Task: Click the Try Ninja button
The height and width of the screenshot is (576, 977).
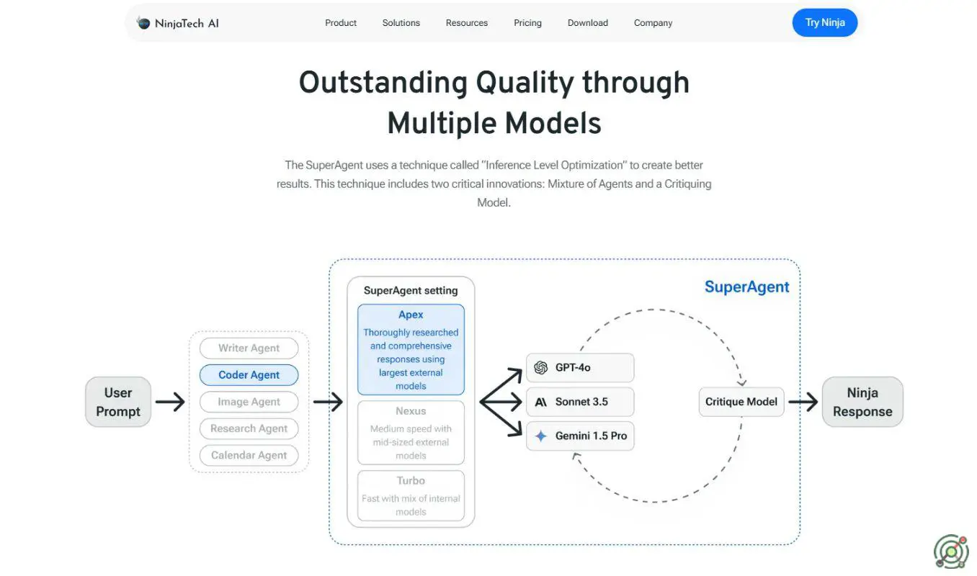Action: click(824, 22)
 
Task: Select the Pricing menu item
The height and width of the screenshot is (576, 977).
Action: click(527, 23)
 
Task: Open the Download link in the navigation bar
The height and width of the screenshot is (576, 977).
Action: click(587, 23)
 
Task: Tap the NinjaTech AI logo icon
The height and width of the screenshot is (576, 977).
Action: click(143, 23)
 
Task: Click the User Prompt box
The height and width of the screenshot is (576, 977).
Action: click(118, 402)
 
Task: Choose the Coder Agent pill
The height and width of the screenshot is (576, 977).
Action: click(249, 375)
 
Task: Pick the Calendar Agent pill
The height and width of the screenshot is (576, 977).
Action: click(249, 455)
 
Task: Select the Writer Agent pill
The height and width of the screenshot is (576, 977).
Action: click(249, 348)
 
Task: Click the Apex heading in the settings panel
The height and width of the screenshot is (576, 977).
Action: click(411, 315)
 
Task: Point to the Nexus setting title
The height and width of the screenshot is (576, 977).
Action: click(411, 411)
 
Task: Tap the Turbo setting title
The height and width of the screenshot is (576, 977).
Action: click(411, 481)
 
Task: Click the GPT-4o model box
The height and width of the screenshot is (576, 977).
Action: click(580, 368)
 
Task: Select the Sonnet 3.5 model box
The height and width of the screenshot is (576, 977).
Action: click(580, 402)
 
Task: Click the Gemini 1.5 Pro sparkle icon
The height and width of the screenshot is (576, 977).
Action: click(541, 436)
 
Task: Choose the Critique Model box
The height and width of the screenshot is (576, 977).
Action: click(741, 402)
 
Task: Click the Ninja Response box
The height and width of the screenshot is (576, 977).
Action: click(862, 402)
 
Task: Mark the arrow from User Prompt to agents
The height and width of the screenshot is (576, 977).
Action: click(170, 402)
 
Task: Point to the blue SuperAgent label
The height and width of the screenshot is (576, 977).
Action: click(746, 287)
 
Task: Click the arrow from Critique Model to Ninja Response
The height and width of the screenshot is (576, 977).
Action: click(803, 402)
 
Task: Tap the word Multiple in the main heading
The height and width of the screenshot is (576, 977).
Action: click(440, 123)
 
